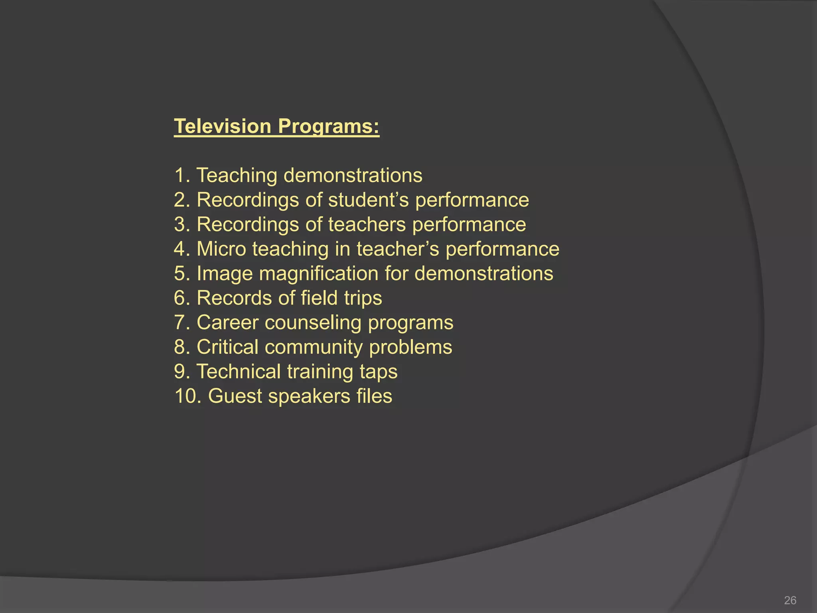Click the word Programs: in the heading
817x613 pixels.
pyautogui.click(x=328, y=127)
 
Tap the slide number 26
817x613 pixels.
pyautogui.click(x=790, y=600)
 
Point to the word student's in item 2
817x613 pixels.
pyautogui.click(x=369, y=200)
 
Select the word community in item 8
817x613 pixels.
pyautogui.click(x=314, y=347)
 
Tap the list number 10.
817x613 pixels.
pyautogui.click(x=187, y=396)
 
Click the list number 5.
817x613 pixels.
pyautogui.click(x=182, y=274)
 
